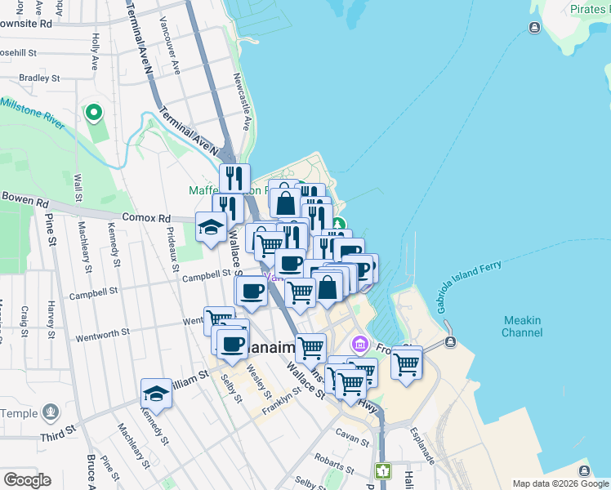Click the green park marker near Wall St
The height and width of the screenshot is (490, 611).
click(x=94, y=113)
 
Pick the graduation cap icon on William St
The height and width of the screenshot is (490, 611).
click(x=156, y=393)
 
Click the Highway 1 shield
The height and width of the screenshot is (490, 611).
click(x=382, y=470)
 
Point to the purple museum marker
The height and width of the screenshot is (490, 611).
click(x=359, y=345)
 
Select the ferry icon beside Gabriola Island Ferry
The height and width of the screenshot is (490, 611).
click(x=449, y=343)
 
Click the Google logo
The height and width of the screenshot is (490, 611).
click(x=27, y=480)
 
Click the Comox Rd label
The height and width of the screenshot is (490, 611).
click(x=146, y=218)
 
